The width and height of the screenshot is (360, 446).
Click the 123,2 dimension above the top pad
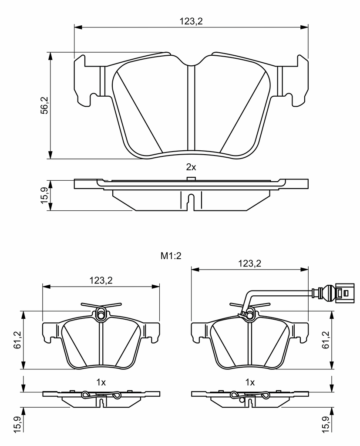point(191,21)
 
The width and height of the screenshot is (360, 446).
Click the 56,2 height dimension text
point(45,105)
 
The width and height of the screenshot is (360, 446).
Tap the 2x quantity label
point(191,167)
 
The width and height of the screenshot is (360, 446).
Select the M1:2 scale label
point(171,256)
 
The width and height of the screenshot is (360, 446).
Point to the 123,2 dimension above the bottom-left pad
point(101,280)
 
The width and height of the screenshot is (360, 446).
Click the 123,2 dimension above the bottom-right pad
point(249,264)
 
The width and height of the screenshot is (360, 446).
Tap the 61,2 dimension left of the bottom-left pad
point(18,340)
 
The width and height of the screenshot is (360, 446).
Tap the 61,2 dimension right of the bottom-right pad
point(326,340)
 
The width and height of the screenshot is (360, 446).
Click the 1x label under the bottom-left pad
point(101,382)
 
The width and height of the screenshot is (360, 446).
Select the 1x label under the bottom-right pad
point(250,382)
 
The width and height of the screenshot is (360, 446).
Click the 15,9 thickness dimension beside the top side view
point(45,195)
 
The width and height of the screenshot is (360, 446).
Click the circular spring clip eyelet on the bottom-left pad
point(101,314)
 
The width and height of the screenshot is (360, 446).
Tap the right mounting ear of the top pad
point(296,81)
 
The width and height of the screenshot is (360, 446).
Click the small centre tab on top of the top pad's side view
point(191,178)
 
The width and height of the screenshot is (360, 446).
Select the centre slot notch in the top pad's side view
point(191,202)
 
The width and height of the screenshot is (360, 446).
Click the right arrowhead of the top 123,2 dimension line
point(304,27)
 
